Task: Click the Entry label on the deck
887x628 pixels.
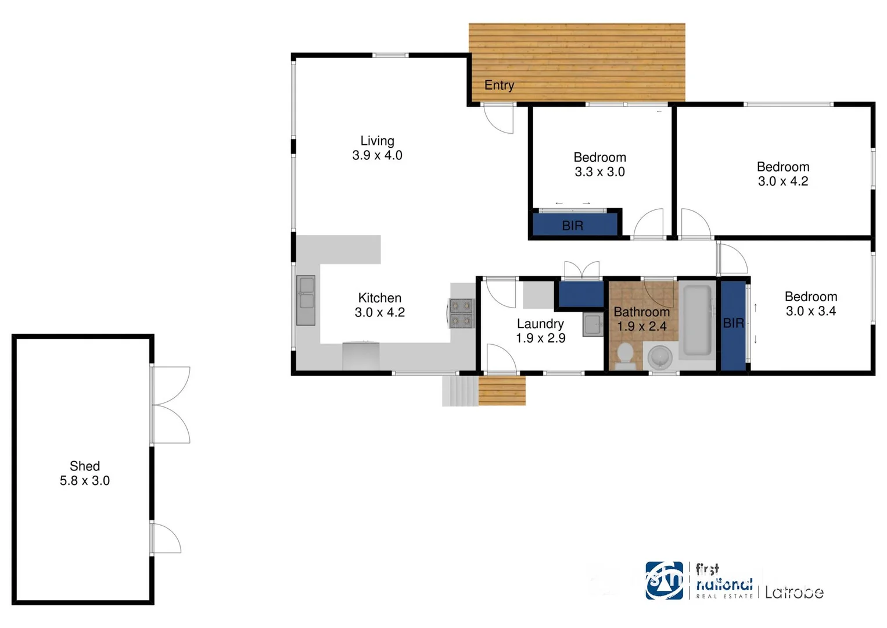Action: pos(499,85)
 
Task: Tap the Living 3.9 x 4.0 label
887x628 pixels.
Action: pos(377,148)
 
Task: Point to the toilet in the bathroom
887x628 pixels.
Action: pos(625,355)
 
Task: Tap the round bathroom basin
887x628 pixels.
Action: pos(660,356)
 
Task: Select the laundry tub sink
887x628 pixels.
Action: pos(592,324)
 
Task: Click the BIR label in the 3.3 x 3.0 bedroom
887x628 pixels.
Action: pos(572,226)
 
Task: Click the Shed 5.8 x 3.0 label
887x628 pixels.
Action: pos(85,473)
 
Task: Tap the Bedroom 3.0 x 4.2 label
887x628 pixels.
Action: pos(782,174)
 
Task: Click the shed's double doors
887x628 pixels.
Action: pos(171,405)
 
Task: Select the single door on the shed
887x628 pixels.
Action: pos(167,538)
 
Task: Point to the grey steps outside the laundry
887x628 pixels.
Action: pos(459,390)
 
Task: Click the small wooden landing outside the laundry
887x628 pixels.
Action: pos(502,390)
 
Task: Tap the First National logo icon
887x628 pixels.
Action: pos(664,580)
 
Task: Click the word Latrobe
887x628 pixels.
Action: pos(793,593)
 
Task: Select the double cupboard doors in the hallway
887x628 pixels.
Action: pos(581,270)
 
